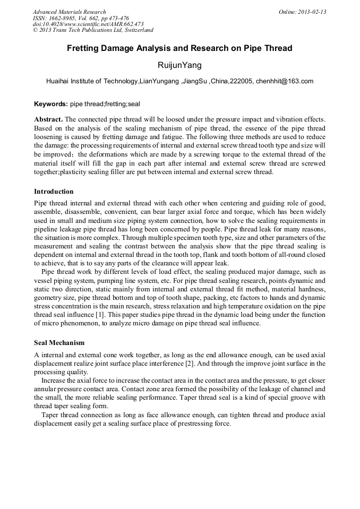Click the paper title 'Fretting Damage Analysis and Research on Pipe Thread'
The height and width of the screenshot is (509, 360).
tap(179, 48)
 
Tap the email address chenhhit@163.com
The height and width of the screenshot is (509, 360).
tap(284, 81)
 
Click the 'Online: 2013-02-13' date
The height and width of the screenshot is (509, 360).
tap(302, 12)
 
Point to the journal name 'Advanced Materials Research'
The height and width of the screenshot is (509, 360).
tap(70, 12)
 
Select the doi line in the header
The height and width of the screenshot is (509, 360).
tap(88, 24)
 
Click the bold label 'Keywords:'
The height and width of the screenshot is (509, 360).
tap(51, 104)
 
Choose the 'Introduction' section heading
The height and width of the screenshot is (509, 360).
tap(54, 191)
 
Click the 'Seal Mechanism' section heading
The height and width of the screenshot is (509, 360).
tap(59, 343)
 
